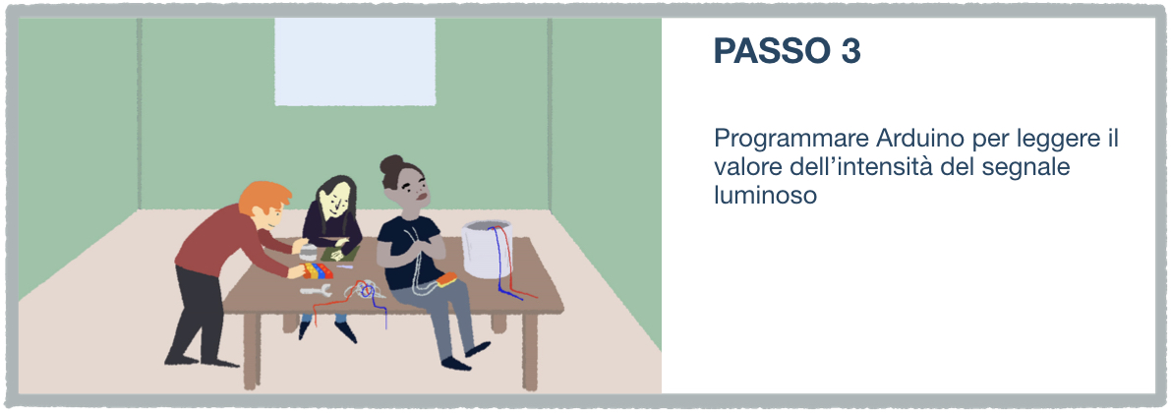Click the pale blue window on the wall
click(355, 61)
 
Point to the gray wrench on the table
click(316, 291)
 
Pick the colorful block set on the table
click(318, 269)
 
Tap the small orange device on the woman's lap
click(447, 279)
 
